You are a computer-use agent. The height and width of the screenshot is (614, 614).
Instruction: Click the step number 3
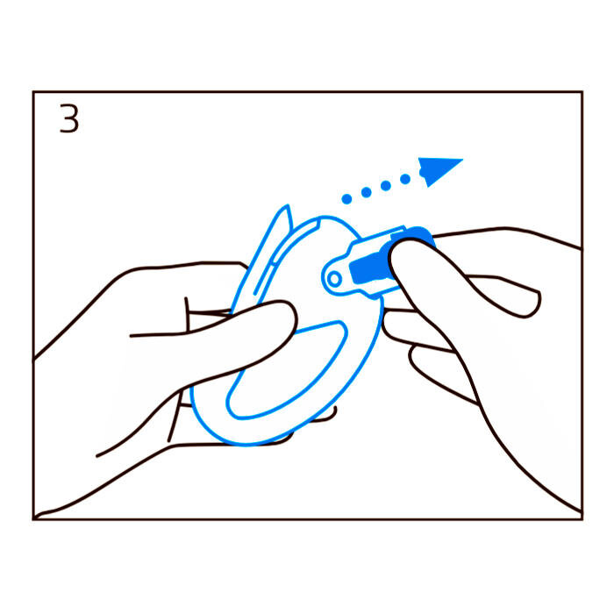69,118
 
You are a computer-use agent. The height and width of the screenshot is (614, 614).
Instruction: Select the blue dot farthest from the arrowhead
346,199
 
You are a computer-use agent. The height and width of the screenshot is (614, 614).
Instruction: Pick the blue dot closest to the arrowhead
405,179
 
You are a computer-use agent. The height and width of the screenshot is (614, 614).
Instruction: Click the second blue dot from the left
366,192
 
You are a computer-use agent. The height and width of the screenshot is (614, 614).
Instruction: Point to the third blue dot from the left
386,186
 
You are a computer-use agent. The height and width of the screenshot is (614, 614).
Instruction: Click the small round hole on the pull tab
335,279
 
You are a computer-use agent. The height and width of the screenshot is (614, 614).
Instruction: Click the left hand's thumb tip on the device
286,313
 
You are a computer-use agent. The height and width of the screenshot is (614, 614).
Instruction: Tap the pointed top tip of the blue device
288,205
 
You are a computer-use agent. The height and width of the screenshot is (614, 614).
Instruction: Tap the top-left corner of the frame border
33,92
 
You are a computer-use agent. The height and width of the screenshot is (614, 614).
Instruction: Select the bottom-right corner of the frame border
582,519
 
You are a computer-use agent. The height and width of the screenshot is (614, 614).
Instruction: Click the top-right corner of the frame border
582,92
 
